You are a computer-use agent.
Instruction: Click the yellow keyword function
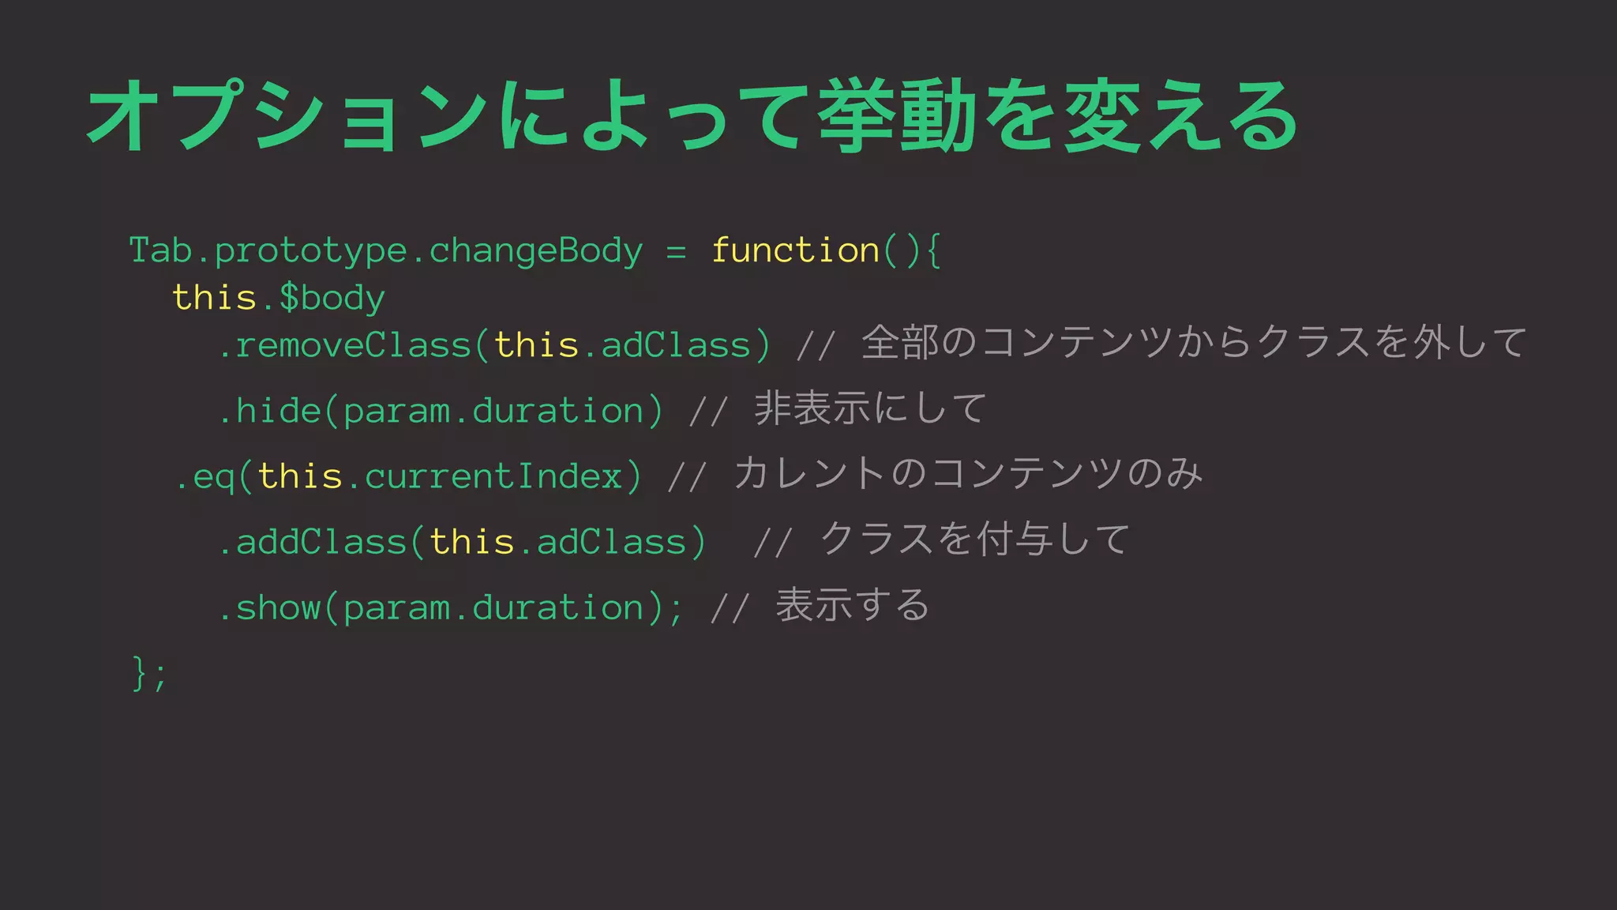point(795,250)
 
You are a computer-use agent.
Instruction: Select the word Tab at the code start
point(160,250)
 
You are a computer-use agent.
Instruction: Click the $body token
point(332,299)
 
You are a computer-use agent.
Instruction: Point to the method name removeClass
point(353,346)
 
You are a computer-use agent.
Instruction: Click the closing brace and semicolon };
point(149,674)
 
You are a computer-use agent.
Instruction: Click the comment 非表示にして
point(870,409)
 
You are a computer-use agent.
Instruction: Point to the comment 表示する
point(853,606)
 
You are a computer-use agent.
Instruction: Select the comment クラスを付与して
point(976,540)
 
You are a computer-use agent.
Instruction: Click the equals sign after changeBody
point(676,251)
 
